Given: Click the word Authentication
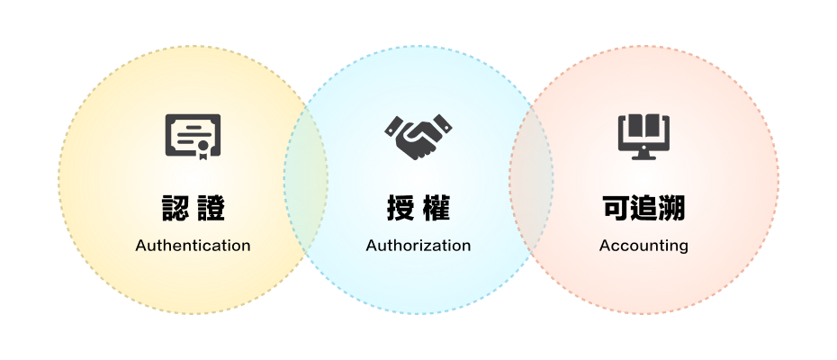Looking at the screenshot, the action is (193, 246).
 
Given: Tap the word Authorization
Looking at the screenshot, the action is (418, 246).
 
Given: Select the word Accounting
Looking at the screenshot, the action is (643, 246).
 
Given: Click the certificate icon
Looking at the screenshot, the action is (193, 137).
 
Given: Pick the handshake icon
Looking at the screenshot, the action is (418, 137).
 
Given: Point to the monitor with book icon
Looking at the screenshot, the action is (643, 137).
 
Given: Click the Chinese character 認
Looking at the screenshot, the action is (175, 208).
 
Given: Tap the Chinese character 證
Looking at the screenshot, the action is (211, 208).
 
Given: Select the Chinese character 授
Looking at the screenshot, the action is (400, 208).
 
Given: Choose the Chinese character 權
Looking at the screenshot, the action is (436, 208).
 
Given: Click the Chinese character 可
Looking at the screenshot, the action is (616, 208).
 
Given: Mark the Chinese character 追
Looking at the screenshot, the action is (643, 208).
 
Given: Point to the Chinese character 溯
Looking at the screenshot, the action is (671, 208).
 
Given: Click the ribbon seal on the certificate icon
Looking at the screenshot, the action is (202, 149).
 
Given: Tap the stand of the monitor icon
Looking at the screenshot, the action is (643, 156).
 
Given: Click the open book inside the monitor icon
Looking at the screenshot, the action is (643, 127).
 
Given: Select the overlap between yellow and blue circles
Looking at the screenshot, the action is (306, 179).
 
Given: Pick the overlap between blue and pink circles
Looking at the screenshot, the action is (531, 179).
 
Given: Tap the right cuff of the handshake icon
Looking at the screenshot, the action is (442, 124).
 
